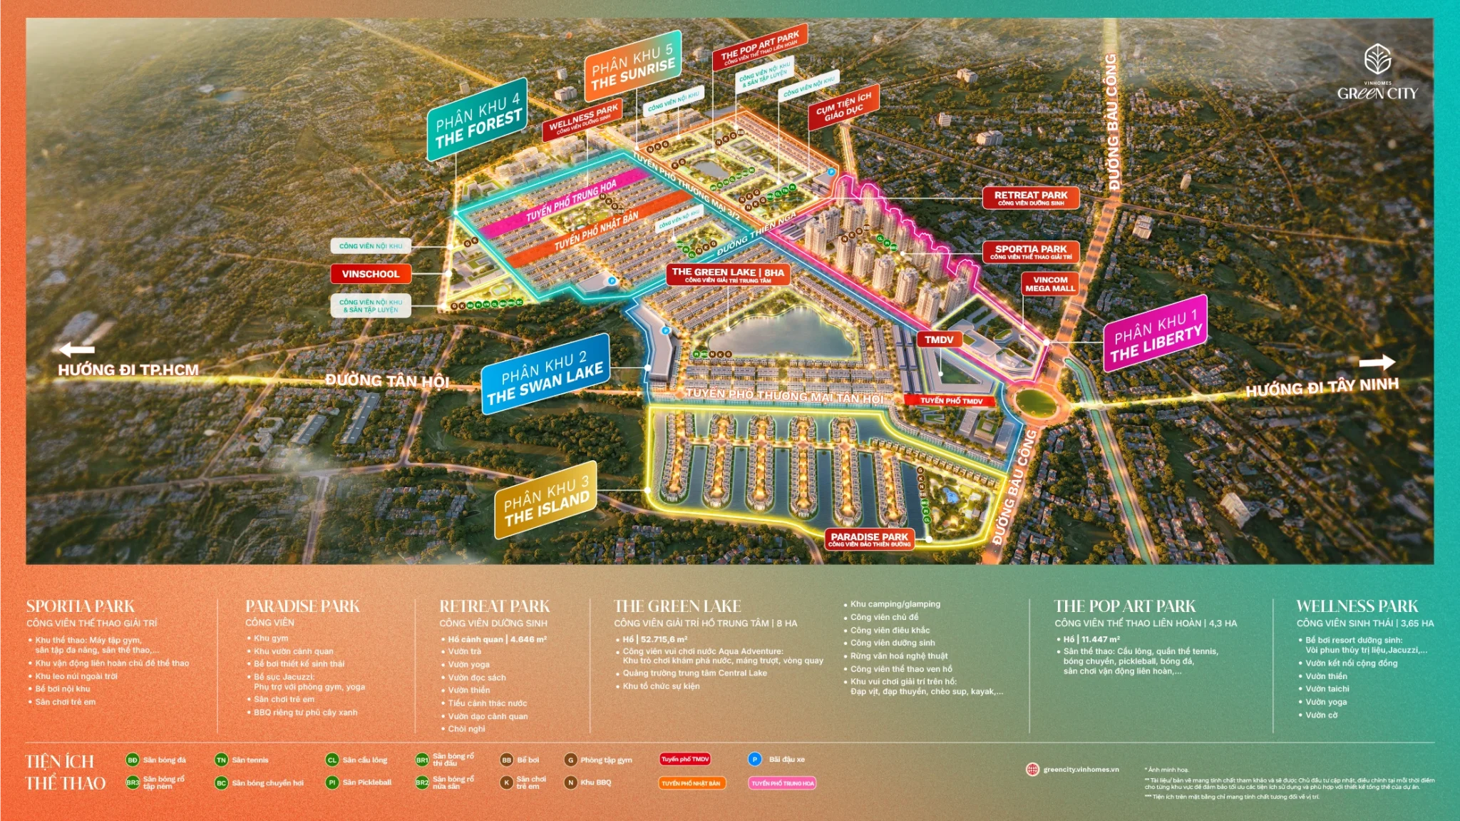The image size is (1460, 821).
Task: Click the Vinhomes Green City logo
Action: click(x=1377, y=72)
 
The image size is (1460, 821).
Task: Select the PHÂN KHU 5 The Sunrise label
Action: click(x=632, y=65)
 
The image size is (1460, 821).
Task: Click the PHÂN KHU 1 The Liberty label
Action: click(x=1156, y=334)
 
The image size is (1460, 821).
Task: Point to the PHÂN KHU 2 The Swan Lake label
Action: click(x=545, y=374)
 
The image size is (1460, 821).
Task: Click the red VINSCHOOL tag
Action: click(x=370, y=274)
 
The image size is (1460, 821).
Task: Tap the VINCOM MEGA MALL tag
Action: click(x=1049, y=284)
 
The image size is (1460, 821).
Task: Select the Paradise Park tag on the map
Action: click(x=869, y=539)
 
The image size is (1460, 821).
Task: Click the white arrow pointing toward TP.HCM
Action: click(x=77, y=350)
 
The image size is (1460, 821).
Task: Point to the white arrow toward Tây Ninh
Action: click(x=1377, y=362)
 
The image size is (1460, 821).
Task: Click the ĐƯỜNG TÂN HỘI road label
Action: click(x=386, y=380)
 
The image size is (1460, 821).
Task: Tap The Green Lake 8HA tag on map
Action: click(x=727, y=275)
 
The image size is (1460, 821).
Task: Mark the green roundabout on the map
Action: click(x=1034, y=402)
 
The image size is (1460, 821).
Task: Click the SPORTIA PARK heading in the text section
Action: click(x=81, y=606)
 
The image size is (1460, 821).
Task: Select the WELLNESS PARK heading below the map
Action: click(x=1357, y=606)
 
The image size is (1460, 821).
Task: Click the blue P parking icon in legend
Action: click(x=755, y=760)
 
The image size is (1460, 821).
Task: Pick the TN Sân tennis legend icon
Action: click(x=221, y=760)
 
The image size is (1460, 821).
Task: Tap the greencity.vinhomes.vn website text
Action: click(x=1081, y=769)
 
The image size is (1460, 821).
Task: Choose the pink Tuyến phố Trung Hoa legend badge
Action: click(x=782, y=783)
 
